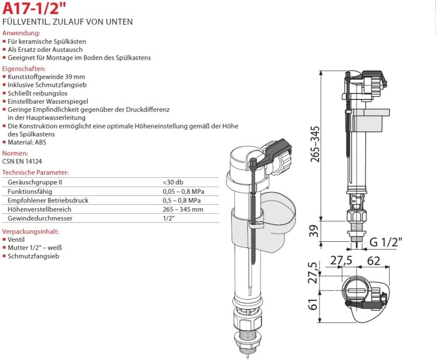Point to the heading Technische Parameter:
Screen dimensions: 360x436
35,173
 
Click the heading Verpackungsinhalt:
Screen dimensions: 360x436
30,232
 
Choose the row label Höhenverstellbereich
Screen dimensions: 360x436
39,209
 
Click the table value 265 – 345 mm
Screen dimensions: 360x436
183,209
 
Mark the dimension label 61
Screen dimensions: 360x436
312,304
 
